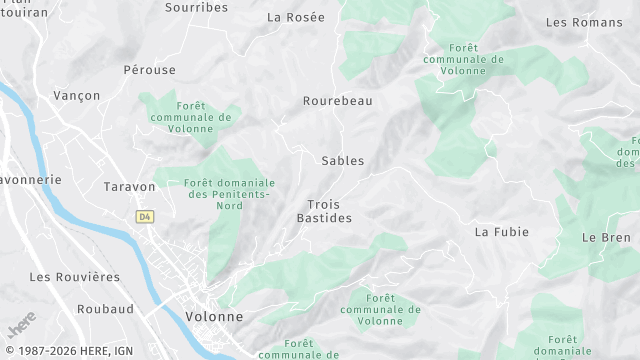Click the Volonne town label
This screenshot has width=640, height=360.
213,316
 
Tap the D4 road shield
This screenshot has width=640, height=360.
145,216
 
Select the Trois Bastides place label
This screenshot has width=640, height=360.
324,211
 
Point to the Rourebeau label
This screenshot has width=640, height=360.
337,101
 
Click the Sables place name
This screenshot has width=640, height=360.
343,160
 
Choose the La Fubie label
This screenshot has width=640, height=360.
501,232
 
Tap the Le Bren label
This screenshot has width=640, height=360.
606,237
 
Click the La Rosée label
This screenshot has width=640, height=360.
296,17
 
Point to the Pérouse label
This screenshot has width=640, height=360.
149,70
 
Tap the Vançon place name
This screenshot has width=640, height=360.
77,95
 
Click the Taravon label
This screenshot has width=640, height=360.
130,187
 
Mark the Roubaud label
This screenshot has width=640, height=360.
105,310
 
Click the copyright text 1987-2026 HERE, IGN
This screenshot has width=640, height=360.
67,351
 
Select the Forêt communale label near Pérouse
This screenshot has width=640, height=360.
190,117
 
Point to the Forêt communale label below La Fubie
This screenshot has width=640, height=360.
380,310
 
